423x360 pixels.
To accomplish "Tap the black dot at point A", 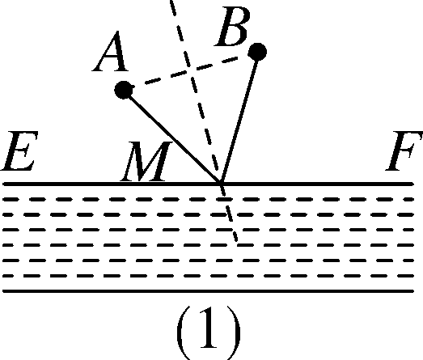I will [123, 90].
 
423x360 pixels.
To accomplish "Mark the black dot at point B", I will [257, 53].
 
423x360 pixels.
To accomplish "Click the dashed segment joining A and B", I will [190, 71].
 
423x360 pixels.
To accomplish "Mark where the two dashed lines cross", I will [192, 70].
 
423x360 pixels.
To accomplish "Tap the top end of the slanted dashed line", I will [172, 2].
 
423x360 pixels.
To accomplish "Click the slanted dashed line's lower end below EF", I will [235, 241].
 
